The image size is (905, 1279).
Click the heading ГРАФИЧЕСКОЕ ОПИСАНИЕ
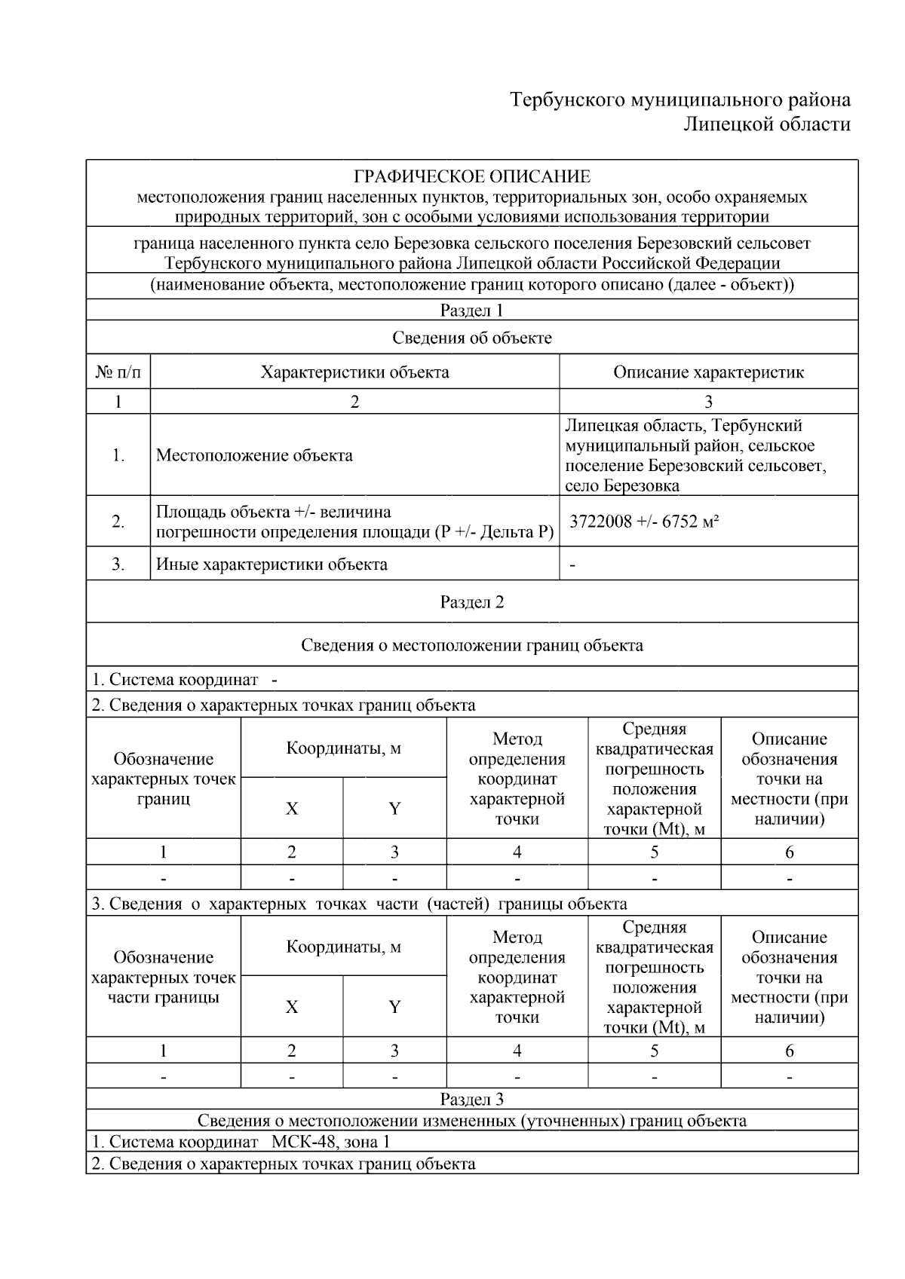472,177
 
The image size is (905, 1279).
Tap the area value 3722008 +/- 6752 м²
643,521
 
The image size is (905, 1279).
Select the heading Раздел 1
472,311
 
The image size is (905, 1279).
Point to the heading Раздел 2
472,602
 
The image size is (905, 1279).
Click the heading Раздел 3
472,1099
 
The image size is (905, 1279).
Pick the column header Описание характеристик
708,372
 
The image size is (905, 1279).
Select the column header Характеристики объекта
354,372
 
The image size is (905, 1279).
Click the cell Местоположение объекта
254,455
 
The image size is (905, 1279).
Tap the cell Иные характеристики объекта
271,565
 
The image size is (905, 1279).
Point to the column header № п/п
118,372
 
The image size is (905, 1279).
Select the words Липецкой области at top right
766,124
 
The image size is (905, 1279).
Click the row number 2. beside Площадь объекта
118,521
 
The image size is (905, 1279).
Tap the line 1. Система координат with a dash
185,680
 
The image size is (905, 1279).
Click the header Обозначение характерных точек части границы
164,977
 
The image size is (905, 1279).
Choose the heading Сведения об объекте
472,338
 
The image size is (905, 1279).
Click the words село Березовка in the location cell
622,485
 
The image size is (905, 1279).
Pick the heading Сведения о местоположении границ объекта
472,645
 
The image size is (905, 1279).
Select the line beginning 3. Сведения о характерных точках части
359,904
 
